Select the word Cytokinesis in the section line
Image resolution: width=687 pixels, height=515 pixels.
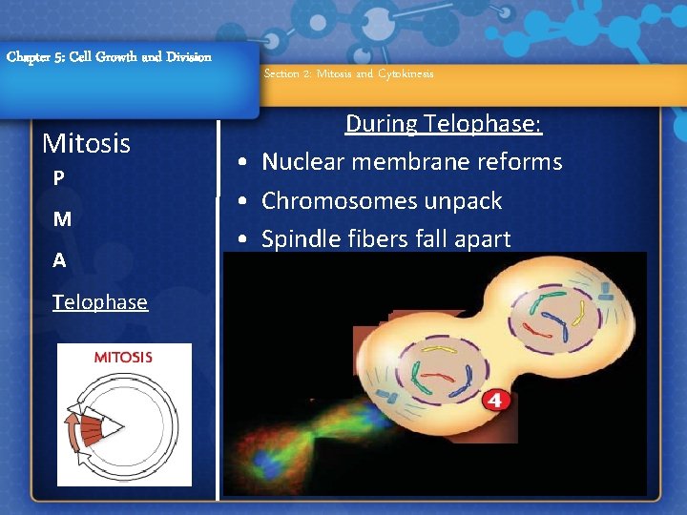(x=405, y=73)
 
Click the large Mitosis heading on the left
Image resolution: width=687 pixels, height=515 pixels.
(x=87, y=144)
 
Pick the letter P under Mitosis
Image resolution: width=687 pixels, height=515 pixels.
(x=59, y=178)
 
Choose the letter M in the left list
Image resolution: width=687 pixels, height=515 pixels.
(x=62, y=219)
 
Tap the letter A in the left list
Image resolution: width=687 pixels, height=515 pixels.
(x=59, y=259)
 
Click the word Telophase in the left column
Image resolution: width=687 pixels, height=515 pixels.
(x=100, y=302)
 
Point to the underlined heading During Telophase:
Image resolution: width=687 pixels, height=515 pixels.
(x=444, y=123)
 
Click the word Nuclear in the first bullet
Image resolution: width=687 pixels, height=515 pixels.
(x=303, y=162)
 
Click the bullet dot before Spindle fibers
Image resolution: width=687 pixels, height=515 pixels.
(x=244, y=240)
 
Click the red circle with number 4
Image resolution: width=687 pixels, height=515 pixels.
(x=494, y=400)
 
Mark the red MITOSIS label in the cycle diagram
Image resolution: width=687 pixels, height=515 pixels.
(x=122, y=358)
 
